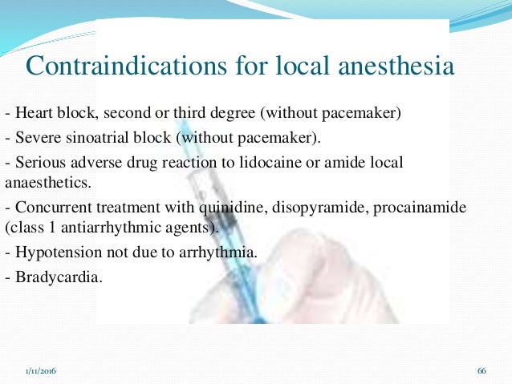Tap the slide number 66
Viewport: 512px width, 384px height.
point(482,370)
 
